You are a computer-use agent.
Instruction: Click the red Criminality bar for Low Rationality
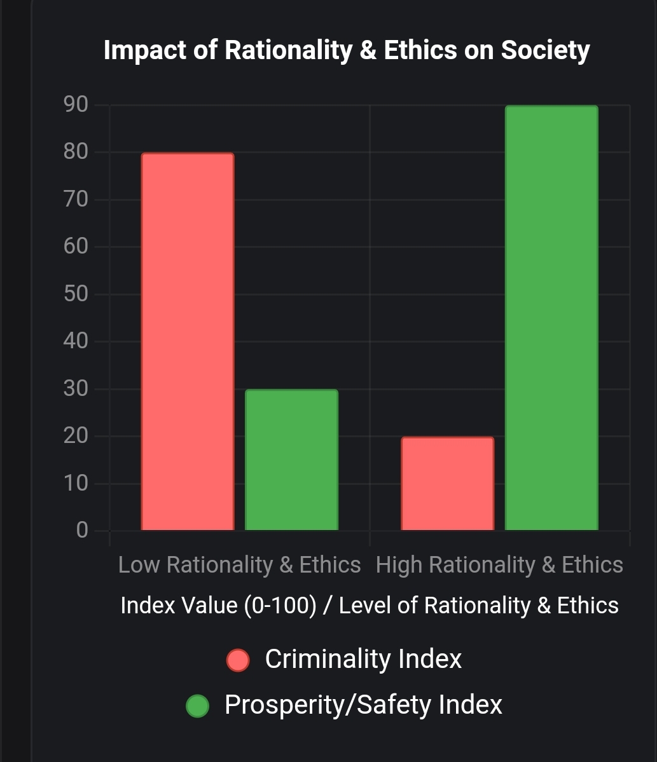188,342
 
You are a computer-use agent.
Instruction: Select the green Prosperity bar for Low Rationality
291,460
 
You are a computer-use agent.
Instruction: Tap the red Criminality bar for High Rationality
447,484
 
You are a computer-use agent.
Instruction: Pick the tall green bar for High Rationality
551,318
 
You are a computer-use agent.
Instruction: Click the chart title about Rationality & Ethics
347,50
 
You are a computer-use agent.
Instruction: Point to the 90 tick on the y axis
76,105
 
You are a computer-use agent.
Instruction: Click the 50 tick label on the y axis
76,294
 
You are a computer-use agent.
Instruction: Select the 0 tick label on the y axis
82,530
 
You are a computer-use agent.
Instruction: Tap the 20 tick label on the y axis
76,436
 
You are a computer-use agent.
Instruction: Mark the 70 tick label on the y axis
76,200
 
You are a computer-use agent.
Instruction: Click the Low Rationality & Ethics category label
239,565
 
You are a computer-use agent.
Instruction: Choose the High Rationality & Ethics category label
499,565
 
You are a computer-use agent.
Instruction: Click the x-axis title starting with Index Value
369,605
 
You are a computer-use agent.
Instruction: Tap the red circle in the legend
238,660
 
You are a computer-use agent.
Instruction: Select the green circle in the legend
197,706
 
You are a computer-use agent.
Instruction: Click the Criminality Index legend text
363,659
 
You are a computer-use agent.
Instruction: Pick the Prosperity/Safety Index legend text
363,705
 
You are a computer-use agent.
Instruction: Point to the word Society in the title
545,50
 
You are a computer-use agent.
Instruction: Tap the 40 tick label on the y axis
76,341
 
